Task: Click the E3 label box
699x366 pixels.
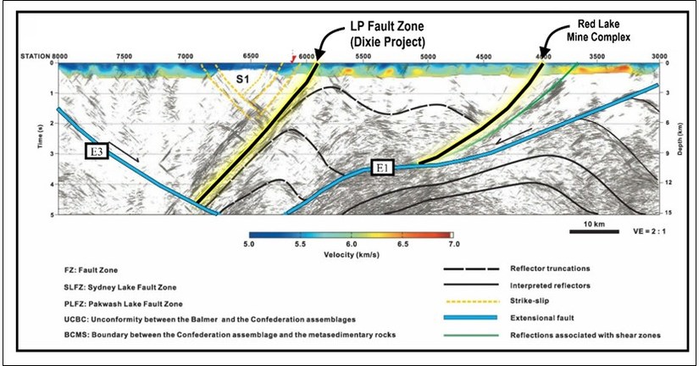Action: pos(99,153)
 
